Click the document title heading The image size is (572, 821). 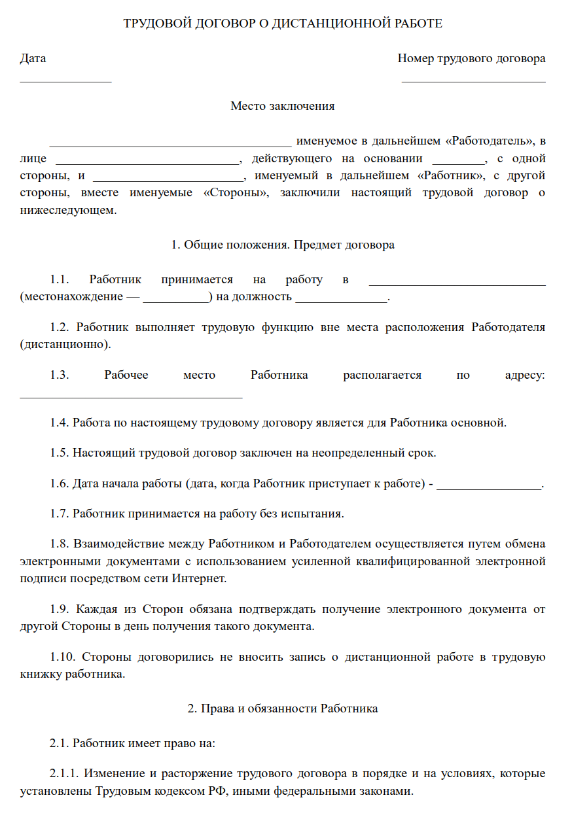click(x=283, y=24)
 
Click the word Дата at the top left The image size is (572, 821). click(x=33, y=58)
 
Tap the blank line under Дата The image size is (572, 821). click(x=65, y=81)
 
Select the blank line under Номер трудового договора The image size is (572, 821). click(x=473, y=81)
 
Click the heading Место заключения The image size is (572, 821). click(x=283, y=106)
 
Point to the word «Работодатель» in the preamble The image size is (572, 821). click(x=490, y=141)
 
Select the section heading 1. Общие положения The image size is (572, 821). click(x=283, y=245)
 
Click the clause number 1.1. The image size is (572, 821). click(x=60, y=280)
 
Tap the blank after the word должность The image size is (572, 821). click(x=342, y=300)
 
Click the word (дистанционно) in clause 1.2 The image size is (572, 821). click(x=65, y=343)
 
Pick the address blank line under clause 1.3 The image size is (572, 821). click(x=131, y=396)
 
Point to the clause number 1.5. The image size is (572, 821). click(x=60, y=453)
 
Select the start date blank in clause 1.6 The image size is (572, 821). click(x=489, y=487)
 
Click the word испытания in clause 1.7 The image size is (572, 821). click(x=313, y=514)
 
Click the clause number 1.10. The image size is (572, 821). click(x=63, y=657)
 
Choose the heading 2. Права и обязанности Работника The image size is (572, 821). click(x=283, y=708)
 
